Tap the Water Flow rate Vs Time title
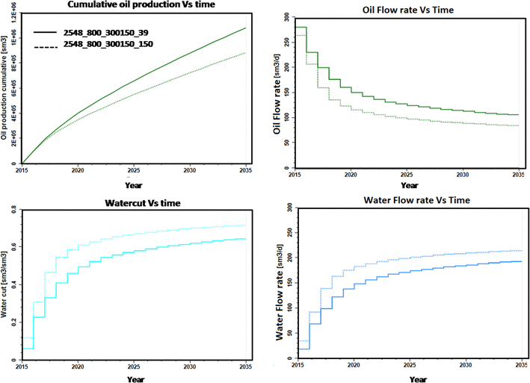403,201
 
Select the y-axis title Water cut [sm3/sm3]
4,286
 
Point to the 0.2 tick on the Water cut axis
14,323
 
